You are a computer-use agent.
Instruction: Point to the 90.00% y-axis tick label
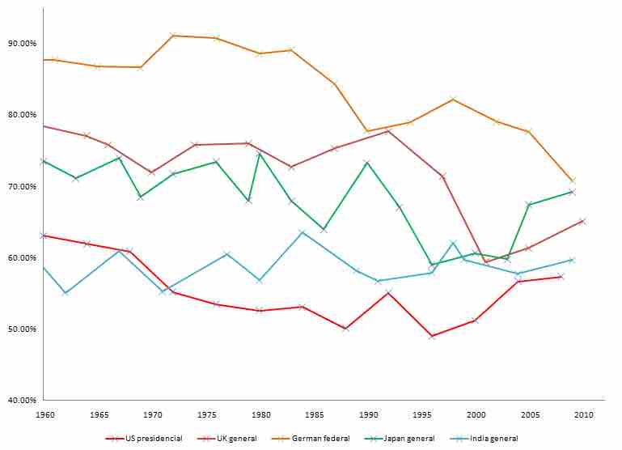[x=22, y=43]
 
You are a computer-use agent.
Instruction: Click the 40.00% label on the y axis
[x=22, y=400]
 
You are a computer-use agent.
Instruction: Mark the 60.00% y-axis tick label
[x=22, y=257]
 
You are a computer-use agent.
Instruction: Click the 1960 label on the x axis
[x=44, y=414]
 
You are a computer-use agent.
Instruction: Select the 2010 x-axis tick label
[x=583, y=414]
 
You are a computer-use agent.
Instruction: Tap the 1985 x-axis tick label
[x=314, y=414]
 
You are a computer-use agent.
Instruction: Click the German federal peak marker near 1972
[x=173, y=36]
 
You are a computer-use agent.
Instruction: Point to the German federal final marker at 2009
[x=573, y=180]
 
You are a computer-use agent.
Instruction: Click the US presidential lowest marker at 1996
[x=432, y=336]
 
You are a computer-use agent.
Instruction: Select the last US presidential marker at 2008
[x=561, y=277]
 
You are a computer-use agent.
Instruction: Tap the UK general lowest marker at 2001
[x=486, y=261]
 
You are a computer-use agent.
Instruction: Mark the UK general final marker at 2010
[x=582, y=221]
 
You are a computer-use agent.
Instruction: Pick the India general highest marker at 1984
[x=303, y=233]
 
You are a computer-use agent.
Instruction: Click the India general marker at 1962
[x=66, y=292]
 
